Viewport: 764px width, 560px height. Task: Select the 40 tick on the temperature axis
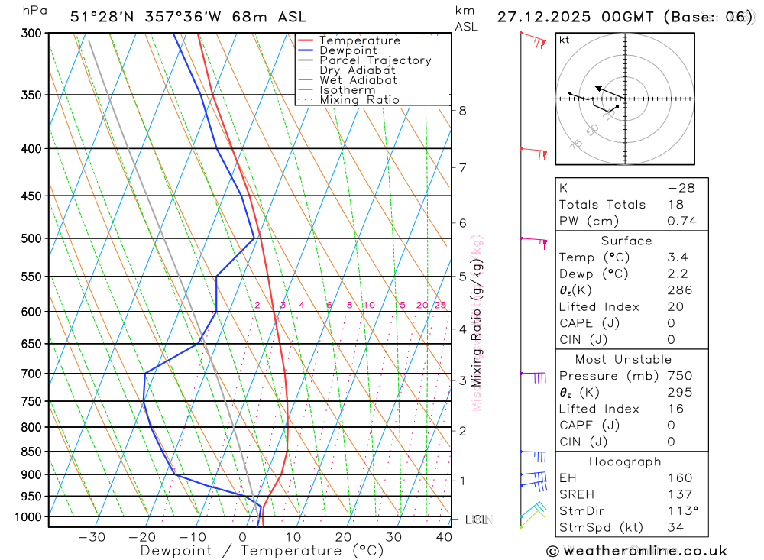click(444, 537)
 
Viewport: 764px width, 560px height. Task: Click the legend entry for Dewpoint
click(348, 50)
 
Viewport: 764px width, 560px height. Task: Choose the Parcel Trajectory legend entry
click(374, 60)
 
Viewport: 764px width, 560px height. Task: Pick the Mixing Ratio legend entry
click(359, 100)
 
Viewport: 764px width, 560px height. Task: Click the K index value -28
click(681, 188)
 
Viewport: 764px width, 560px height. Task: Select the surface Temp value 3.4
click(678, 257)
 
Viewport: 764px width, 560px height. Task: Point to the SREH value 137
click(679, 494)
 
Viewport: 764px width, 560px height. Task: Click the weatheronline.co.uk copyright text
click(636, 551)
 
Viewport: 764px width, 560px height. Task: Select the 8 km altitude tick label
click(462, 111)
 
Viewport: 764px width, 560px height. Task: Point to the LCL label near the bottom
click(477, 520)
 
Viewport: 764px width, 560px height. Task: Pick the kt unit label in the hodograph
click(565, 40)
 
